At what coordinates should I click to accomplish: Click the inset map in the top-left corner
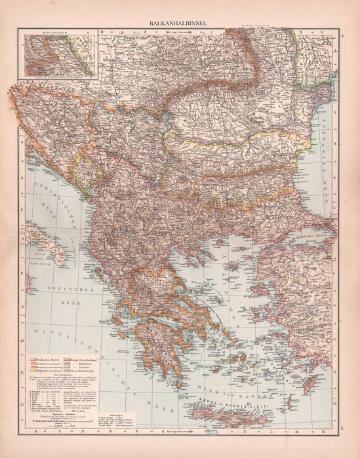tap(58, 52)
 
